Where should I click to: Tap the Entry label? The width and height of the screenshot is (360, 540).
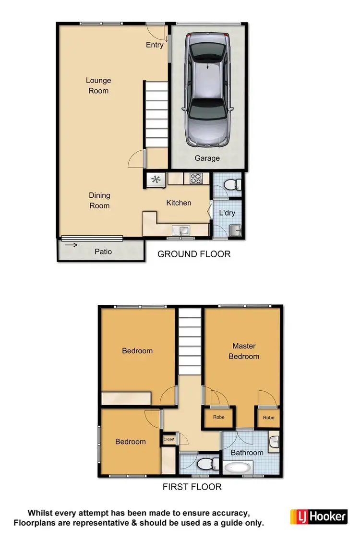pyautogui.click(x=155, y=45)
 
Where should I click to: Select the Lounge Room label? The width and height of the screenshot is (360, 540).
pyautogui.click(x=98, y=85)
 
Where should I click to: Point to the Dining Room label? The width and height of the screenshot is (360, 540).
pyautogui.click(x=99, y=200)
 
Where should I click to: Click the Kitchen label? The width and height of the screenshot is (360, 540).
pyautogui.click(x=179, y=203)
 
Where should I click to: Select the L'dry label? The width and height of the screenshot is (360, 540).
pyautogui.click(x=227, y=213)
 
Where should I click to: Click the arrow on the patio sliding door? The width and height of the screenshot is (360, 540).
pyautogui.click(x=71, y=245)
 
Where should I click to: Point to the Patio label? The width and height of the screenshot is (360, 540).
pyautogui.click(x=103, y=252)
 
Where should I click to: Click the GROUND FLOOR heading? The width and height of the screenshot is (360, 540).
pyautogui.click(x=194, y=254)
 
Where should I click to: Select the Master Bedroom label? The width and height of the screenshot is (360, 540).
pyautogui.click(x=244, y=351)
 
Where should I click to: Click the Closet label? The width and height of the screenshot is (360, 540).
pyautogui.click(x=169, y=439)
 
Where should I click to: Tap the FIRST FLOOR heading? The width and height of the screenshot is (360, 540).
pyautogui.click(x=192, y=487)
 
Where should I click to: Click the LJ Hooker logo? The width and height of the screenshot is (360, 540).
pyautogui.click(x=318, y=516)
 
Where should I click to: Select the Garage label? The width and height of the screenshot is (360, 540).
pyautogui.click(x=207, y=158)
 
